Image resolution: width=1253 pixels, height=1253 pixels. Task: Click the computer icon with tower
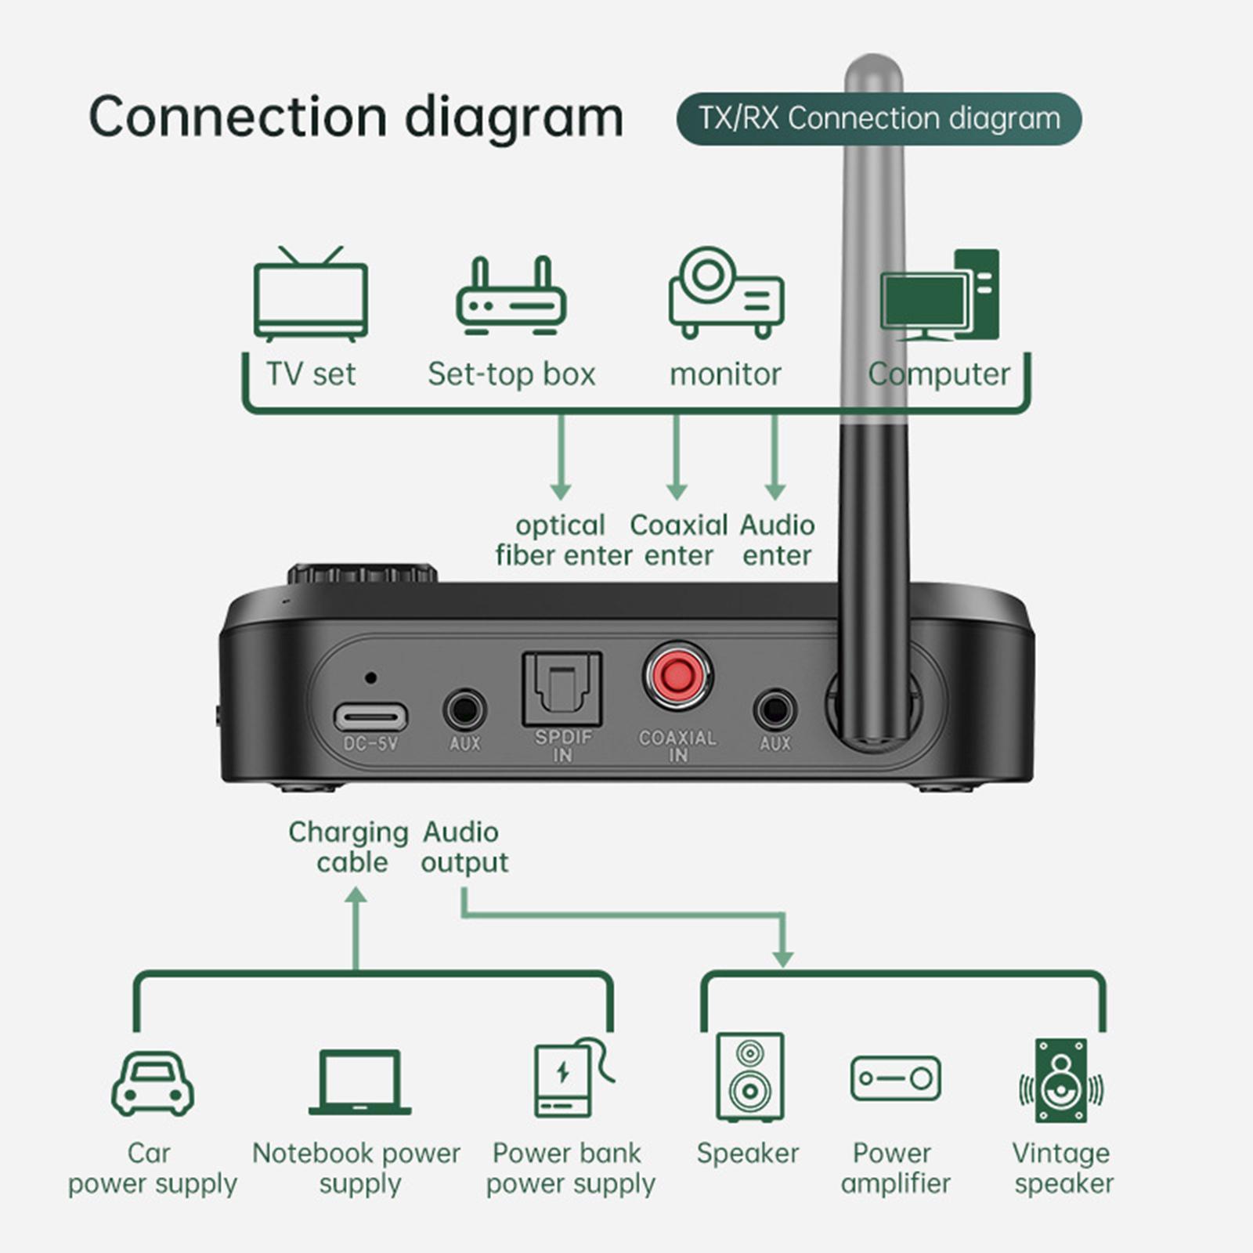[x=940, y=296]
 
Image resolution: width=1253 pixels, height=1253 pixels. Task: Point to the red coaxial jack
[x=677, y=675]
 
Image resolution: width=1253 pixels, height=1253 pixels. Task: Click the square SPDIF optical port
[x=562, y=688]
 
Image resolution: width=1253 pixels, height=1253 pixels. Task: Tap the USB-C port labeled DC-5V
[x=370, y=716]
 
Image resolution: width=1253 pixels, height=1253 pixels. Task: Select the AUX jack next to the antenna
[x=775, y=710]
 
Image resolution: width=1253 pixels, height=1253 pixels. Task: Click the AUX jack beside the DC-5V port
[x=464, y=710]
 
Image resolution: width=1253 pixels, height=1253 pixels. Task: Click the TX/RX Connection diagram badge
[x=878, y=119]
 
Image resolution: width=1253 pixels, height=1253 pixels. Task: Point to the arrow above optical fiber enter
[x=560, y=458]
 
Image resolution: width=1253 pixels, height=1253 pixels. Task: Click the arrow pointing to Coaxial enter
[x=677, y=458]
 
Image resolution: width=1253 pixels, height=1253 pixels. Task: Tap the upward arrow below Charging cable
[x=356, y=928]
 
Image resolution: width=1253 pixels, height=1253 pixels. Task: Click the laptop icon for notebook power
[x=359, y=1082]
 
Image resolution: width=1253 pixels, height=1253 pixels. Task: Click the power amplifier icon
[x=895, y=1078]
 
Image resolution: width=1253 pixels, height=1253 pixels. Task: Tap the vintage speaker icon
[x=1061, y=1081]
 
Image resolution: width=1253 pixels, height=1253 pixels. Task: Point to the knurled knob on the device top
[x=361, y=574]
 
